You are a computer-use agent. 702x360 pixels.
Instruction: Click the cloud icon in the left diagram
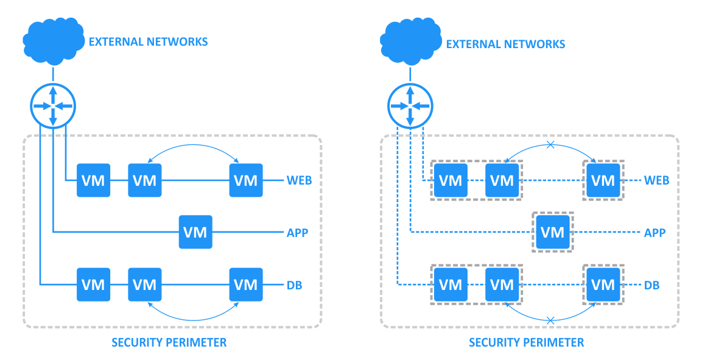(52, 40)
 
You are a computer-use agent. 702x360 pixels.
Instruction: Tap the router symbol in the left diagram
(53, 106)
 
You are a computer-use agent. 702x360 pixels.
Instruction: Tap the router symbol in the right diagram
(410, 106)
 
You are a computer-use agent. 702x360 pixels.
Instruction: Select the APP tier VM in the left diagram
(195, 232)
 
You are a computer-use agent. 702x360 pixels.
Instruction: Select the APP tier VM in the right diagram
(553, 232)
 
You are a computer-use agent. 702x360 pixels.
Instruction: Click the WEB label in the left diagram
(299, 180)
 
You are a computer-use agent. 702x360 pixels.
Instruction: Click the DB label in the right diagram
(652, 284)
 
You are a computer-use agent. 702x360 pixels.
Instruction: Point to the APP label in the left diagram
(297, 232)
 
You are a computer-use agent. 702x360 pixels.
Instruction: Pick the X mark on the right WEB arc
(550, 145)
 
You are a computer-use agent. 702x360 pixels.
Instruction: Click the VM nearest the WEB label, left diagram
(246, 180)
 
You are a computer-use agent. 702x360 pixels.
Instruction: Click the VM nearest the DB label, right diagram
(603, 284)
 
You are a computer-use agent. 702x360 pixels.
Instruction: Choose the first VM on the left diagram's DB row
(93, 284)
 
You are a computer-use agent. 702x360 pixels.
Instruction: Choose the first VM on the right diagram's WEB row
(451, 180)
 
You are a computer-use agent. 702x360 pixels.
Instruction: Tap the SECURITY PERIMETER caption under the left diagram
(169, 342)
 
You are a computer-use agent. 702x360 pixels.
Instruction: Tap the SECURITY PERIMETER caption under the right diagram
(526, 342)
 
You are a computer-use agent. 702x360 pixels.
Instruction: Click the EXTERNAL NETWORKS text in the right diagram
(505, 44)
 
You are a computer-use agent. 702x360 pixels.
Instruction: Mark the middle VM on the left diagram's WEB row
(145, 180)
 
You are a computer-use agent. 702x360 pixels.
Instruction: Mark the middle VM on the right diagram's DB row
(502, 284)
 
